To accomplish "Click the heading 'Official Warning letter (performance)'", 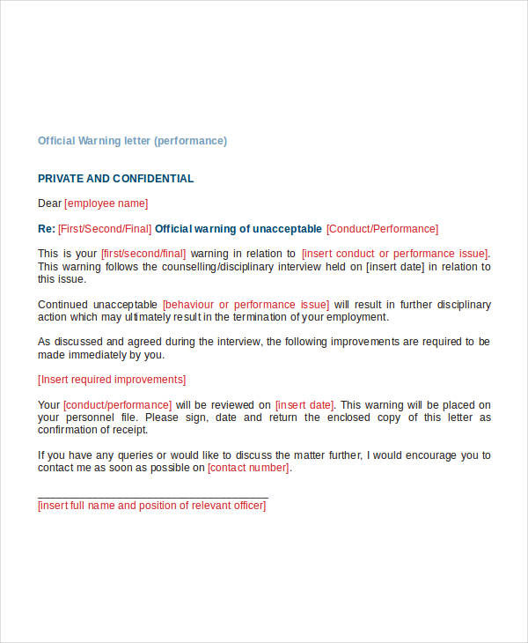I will click(x=132, y=141).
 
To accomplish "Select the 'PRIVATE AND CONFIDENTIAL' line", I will click(x=115, y=179).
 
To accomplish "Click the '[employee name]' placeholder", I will click(x=106, y=203).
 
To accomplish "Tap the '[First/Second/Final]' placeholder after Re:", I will click(x=105, y=229).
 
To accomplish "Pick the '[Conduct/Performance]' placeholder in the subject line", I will click(x=382, y=229).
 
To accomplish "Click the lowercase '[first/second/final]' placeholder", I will click(x=143, y=254).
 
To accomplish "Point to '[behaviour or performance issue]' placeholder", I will click(x=246, y=305).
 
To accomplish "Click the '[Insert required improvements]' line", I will click(x=112, y=380).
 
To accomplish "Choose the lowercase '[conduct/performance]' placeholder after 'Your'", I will click(x=118, y=405).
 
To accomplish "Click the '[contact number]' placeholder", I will click(x=248, y=468).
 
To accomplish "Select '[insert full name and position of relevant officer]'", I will click(x=151, y=506).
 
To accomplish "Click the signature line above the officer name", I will click(x=152, y=498).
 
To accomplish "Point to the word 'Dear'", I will click(x=49, y=203).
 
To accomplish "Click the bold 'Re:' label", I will click(x=47, y=229).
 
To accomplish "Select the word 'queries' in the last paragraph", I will click(x=129, y=455).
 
